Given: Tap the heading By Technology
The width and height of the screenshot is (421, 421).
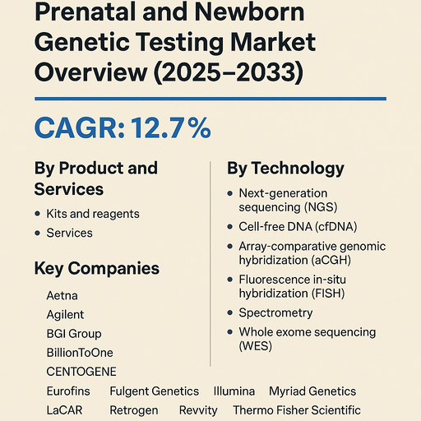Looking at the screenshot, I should click(285, 169).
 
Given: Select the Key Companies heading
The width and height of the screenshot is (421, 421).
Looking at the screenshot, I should click(96, 269).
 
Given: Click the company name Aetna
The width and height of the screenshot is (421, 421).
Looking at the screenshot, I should click(62, 295).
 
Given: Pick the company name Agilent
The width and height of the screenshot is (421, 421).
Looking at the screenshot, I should click(66, 314).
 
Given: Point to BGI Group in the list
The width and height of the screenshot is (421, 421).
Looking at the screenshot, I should click(74, 333).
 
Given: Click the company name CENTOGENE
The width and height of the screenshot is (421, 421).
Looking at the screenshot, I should click(81, 371).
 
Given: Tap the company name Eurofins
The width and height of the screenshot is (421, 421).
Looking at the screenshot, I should click(68, 391).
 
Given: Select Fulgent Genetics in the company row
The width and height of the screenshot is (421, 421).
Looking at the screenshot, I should click(154, 391).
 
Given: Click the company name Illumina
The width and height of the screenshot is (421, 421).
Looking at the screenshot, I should click(234, 391).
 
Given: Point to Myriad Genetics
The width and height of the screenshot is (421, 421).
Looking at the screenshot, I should click(312, 391).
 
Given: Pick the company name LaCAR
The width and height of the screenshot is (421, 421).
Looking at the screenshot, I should click(64, 410).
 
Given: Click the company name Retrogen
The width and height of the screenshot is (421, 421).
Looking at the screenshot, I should click(133, 410).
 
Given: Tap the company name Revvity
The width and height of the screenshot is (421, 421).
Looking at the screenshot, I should click(198, 410).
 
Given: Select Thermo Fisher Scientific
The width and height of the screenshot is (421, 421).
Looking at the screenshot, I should click(296, 410).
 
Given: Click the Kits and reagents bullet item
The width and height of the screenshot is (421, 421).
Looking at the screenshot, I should click(93, 214).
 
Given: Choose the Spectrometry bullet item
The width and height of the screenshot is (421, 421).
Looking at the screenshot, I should click(275, 312).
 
